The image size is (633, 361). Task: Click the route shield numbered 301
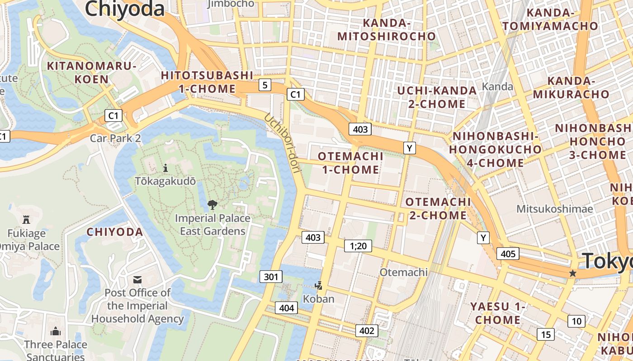(x=271, y=277)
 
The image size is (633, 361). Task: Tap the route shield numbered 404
(x=287, y=308)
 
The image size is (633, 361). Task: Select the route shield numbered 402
(x=367, y=331)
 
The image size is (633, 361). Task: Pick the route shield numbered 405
(x=508, y=254)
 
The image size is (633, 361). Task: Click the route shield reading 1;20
(x=358, y=245)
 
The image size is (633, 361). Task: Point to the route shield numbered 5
(x=265, y=84)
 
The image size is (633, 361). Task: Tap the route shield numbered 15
(x=546, y=334)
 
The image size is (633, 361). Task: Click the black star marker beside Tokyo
(x=573, y=273)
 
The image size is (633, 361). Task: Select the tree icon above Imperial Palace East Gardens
(x=212, y=205)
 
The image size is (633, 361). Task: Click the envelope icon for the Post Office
(x=137, y=280)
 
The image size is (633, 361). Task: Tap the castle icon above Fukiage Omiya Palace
(x=26, y=220)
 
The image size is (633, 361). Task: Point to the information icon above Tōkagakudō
(x=165, y=168)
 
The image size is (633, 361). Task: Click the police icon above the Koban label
(x=319, y=285)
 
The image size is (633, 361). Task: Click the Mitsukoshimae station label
(x=554, y=209)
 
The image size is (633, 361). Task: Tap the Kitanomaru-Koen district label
(x=92, y=73)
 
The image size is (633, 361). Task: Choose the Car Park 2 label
(x=115, y=138)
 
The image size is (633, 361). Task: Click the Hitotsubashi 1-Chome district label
(x=207, y=82)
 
